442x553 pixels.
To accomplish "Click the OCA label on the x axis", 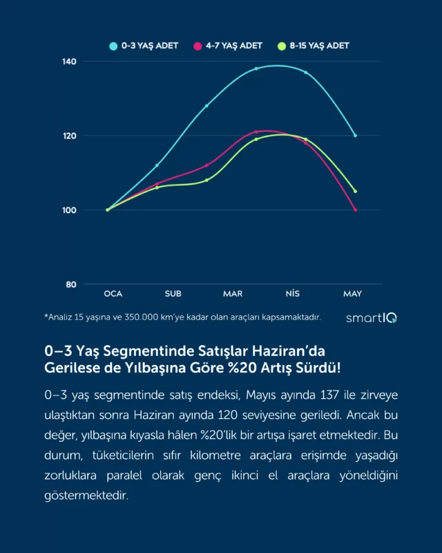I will pyautogui.click(x=113, y=294).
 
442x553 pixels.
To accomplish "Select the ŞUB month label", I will pyautogui.click(x=173, y=294).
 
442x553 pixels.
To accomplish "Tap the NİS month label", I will pyautogui.click(x=292, y=294).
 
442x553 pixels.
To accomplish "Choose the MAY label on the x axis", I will pyautogui.click(x=352, y=294).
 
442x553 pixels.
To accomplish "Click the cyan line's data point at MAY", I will pyautogui.click(x=355, y=135).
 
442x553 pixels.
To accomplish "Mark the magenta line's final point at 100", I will pyautogui.click(x=355, y=209).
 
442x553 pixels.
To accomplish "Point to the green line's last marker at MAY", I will pyautogui.click(x=355, y=191).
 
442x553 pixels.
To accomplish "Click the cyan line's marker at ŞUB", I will pyautogui.click(x=157, y=165).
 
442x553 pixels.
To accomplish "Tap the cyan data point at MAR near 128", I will pyautogui.click(x=206, y=106).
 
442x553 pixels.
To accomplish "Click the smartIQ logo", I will pyautogui.click(x=371, y=318).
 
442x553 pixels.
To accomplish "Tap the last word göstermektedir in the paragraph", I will pyautogui.click(x=86, y=496).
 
